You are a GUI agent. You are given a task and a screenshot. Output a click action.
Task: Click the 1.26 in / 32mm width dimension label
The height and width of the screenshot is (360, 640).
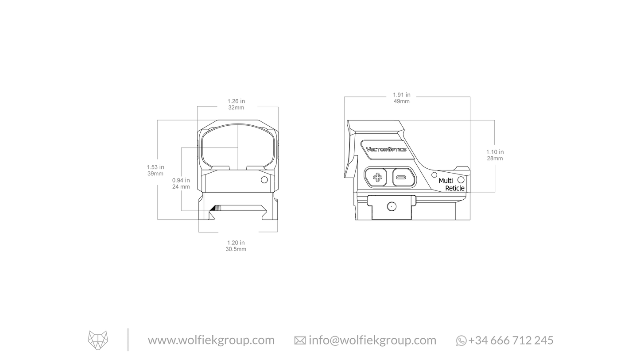pyautogui.click(x=236, y=105)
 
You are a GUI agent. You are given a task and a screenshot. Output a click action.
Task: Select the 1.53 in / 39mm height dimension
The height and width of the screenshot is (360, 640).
pyautogui.click(x=155, y=170)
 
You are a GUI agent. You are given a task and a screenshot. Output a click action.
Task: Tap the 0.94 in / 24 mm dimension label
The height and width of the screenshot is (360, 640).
pyautogui.click(x=181, y=183)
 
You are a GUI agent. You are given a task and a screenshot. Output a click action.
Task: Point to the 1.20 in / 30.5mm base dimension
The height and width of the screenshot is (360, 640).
pyautogui.click(x=236, y=246)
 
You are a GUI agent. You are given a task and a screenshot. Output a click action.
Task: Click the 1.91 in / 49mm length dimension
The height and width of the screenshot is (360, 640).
pyautogui.click(x=401, y=98)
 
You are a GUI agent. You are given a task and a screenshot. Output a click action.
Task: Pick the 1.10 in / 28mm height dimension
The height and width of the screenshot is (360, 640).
pyautogui.click(x=495, y=155)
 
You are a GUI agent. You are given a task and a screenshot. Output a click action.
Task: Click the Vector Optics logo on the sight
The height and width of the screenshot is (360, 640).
pyautogui.click(x=386, y=149)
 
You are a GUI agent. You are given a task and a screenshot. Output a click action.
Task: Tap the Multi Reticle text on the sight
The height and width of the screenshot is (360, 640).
pyautogui.click(x=451, y=185)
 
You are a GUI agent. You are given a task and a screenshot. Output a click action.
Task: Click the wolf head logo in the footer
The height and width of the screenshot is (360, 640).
pyautogui.click(x=98, y=340)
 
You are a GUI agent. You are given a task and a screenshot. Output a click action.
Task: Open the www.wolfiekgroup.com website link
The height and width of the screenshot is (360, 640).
pyautogui.click(x=211, y=340)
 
